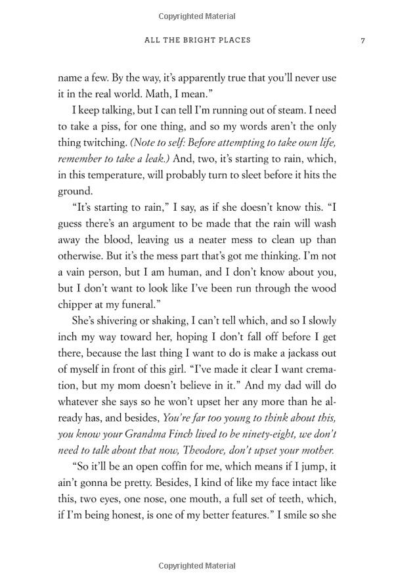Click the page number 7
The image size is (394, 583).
click(362, 41)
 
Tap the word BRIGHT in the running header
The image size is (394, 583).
click(198, 41)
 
